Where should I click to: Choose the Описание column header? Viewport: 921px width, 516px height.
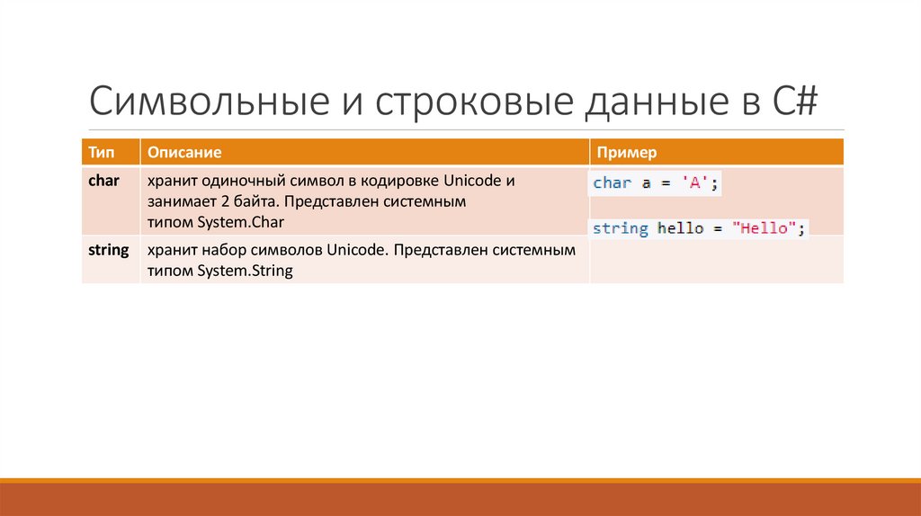(184, 153)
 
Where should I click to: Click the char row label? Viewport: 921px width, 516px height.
(103, 180)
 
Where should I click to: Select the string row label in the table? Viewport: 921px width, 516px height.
(109, 249)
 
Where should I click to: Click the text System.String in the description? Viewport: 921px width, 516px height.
(246, 271)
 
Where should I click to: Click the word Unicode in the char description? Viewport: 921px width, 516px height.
(474, 180)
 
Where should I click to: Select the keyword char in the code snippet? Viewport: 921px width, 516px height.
(613, 182)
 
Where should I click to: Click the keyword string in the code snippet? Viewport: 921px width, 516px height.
(620, 228)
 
